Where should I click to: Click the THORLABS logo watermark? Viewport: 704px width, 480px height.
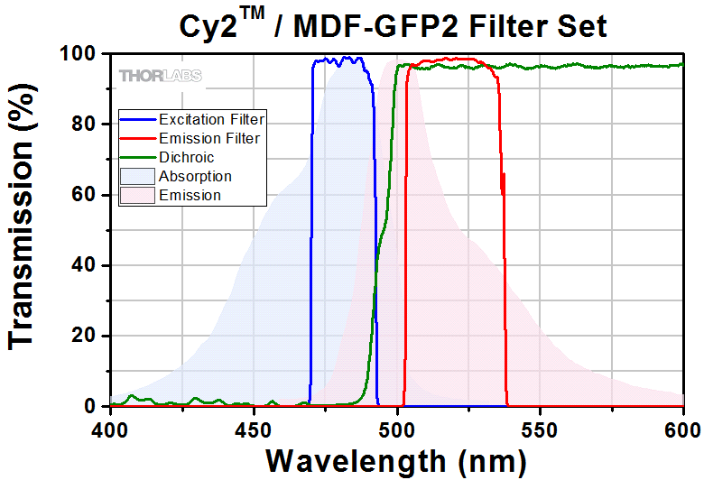[160, 76]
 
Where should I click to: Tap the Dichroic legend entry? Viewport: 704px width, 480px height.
[186, 157]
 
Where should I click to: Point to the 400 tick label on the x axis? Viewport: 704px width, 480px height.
[110, 426]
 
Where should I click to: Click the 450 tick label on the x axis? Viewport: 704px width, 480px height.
[254, 426]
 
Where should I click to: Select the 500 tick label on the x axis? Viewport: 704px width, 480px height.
[397, 426]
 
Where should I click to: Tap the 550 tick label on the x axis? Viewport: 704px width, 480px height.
[541, 426]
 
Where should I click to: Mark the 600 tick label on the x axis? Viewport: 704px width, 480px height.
[683, 426]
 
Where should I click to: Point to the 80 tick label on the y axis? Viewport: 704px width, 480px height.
[84, 125]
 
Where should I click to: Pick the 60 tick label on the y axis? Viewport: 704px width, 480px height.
[84, 195]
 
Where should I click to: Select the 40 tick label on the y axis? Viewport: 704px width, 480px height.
[84, 265]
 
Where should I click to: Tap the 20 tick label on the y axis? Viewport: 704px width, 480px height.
[84, 336]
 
